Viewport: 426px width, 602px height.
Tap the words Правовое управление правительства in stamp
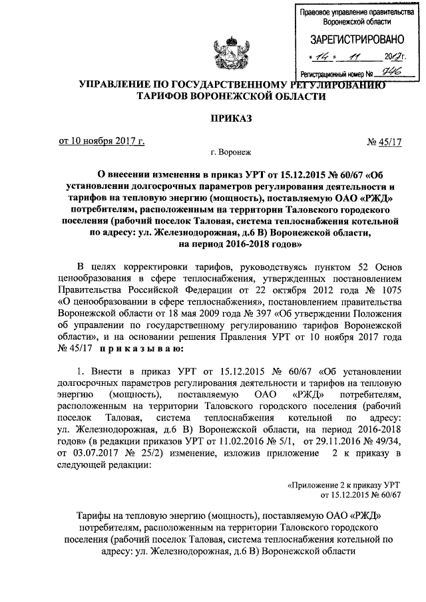coord(353,13)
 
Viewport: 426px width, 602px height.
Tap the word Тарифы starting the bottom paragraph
coord(93,516)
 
